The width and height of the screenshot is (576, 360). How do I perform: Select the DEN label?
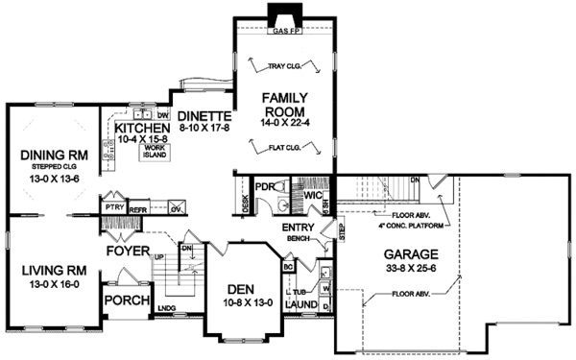pyautogui.click(x=247, y=289)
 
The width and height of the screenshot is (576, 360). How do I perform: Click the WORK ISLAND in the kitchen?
pyautogui.click(x=155, y=151)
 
